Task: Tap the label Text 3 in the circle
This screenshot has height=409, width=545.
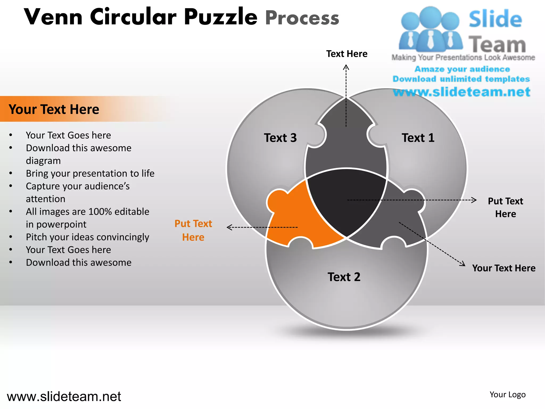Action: tap(280, 138)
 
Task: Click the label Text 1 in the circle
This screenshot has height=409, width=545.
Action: tap(418, 138)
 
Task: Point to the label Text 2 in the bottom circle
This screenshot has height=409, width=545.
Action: tap(344, 277)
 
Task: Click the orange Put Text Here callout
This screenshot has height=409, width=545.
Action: tap(193, 230)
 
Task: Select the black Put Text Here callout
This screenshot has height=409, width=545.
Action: tap(505, 207)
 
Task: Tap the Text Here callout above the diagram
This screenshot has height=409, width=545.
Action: tap(347, 54)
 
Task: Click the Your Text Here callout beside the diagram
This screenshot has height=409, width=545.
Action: tap(504, 268)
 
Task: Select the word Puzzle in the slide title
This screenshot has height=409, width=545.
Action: tap(221, 17)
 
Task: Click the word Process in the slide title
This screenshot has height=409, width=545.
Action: tap(302, 18)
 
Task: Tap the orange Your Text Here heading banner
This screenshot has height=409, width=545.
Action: tap(54, 109)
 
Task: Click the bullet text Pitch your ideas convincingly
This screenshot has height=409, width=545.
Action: tap(87, 237)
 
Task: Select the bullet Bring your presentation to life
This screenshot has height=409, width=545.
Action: tap(90, 173)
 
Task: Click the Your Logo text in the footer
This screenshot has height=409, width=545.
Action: tap(507, 394)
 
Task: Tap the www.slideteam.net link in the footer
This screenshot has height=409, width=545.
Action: tap(64, 396)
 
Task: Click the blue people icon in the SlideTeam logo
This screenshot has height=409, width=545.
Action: tap(430, 29)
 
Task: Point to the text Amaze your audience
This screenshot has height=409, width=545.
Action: tap(462, 69)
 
